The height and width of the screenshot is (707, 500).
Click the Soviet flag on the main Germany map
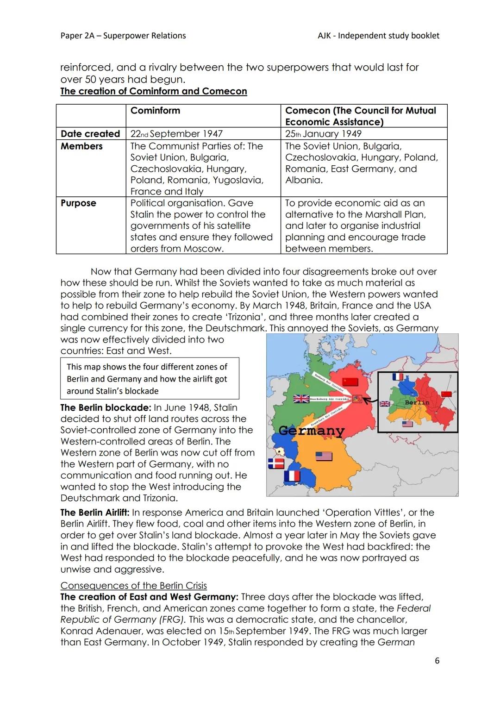click(350, 382)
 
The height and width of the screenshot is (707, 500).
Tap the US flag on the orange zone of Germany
click(324, 457)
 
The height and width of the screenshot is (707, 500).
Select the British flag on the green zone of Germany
click(301, 398)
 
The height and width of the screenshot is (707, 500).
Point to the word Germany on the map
click(312, 431)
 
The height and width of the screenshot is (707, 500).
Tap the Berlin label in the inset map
click(417, 402)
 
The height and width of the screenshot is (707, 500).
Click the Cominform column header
click(155, 111)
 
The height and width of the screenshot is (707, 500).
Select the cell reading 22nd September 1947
click(176, 134)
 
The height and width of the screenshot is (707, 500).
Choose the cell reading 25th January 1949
click(323, 134)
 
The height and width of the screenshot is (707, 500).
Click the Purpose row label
click(78, 203)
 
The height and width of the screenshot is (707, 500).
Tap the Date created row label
click(90, 134)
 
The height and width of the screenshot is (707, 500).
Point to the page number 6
click(437, 661)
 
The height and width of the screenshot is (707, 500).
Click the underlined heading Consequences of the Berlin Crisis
click(133, 586)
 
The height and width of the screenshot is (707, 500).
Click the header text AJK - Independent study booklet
click(378, 36)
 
